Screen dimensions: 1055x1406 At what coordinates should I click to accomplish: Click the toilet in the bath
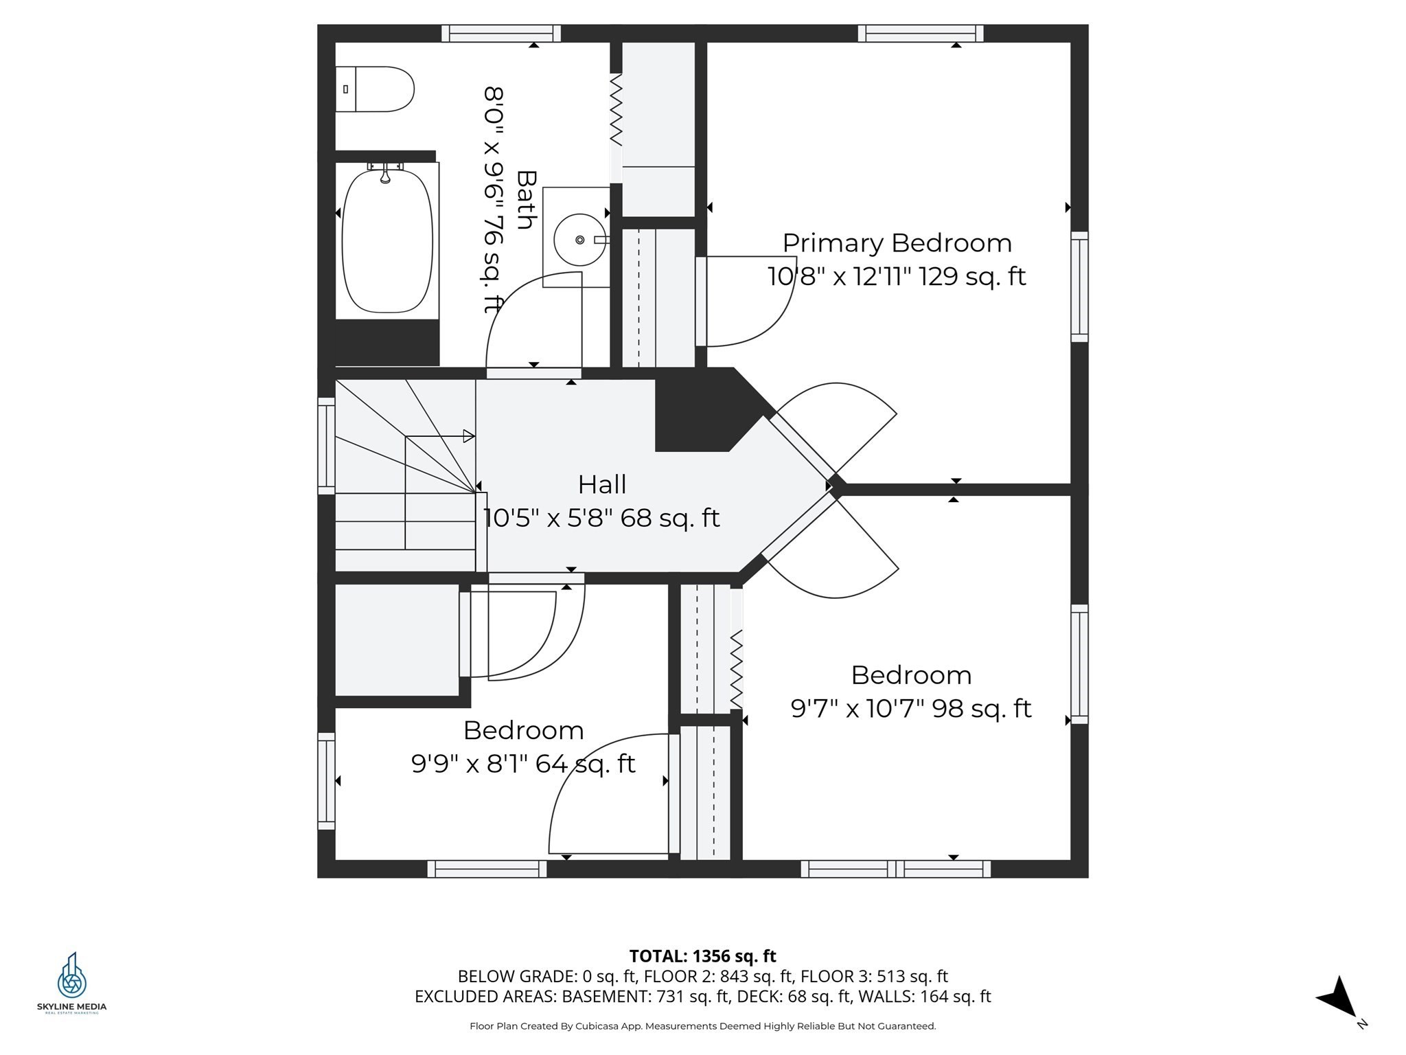pos(374,89)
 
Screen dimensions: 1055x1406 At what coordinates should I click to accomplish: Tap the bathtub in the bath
pos(387,240)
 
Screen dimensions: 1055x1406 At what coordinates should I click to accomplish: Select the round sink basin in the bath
pos(580,240)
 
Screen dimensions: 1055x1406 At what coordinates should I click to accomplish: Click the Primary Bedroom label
pos(897,243)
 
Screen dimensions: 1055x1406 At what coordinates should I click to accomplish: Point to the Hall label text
pos(601,485)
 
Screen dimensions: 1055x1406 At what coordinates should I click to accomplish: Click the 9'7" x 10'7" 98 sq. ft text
pos(910,708)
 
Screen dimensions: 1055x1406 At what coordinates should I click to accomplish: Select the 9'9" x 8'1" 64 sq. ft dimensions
pos(523,763)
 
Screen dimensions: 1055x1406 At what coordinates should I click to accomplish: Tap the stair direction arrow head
pos(469,436)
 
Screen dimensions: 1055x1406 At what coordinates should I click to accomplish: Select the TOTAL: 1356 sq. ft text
pos(702,956)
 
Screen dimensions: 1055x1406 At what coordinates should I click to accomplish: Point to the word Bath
pos(526,199)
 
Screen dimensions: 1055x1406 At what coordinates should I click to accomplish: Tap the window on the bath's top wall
pos(500,33)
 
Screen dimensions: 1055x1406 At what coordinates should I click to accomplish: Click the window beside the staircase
pos(326,445)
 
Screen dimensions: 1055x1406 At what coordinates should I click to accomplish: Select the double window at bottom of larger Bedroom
pos(895,869)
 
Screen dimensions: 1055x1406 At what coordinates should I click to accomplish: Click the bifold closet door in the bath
pos(616,110)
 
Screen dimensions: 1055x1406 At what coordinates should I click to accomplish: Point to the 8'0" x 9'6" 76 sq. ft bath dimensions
pos(494,199)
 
